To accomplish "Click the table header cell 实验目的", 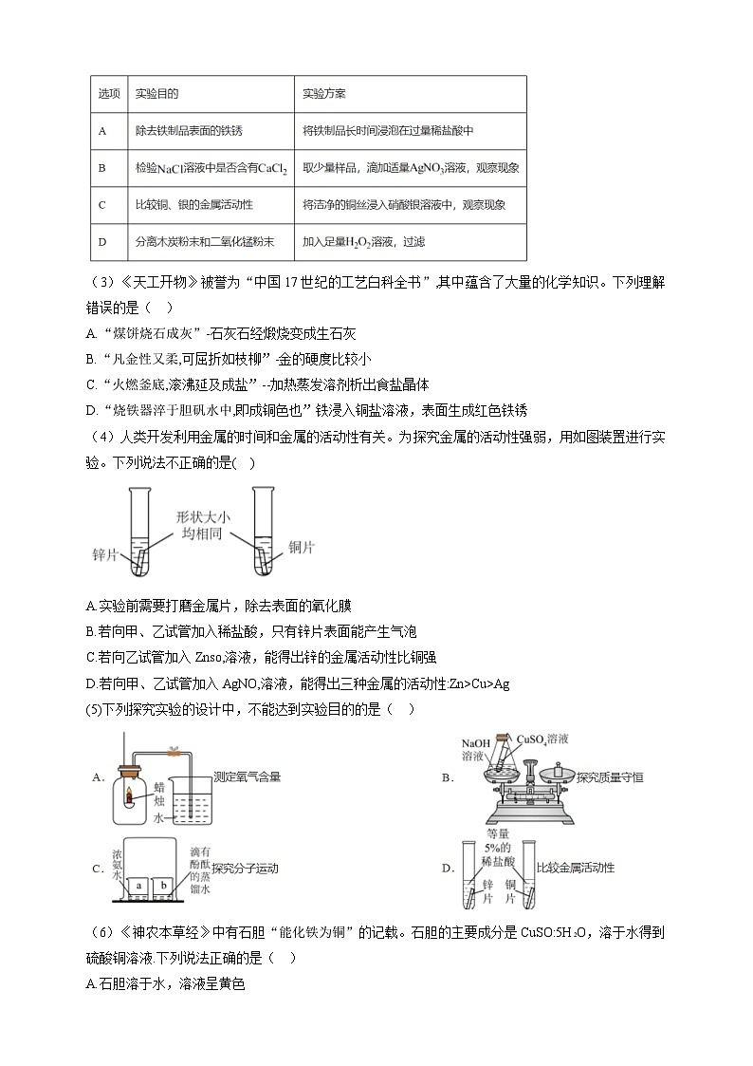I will pyautogui.click(x=156, y=94).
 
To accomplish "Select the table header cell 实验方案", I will pyautogui.click(x=323, y=94).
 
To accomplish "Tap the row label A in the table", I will pyautogui.click(x=101, y=131).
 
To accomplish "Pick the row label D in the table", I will pyautogui.click(x=101, y=242).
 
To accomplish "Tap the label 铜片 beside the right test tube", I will pyautogui.click(x=302, y=548).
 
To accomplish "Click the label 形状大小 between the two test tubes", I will pyautogui.click(x=203, y=517).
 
